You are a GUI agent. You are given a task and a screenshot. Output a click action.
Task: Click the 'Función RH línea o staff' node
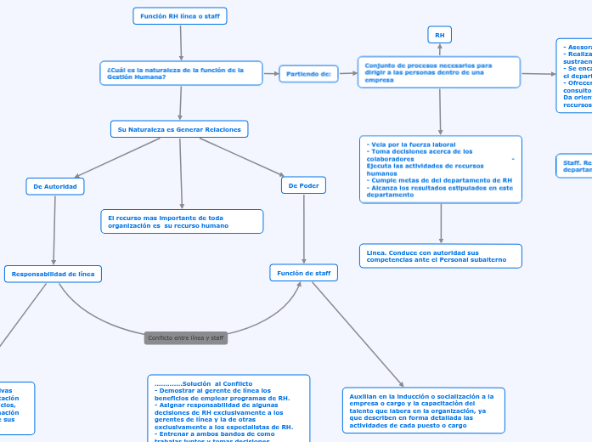click(x=180, y=16)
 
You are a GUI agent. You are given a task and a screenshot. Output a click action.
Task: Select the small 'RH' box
click(x=439, y=35)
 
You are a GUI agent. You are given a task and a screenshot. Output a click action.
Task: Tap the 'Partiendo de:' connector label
click(x=307, y=74)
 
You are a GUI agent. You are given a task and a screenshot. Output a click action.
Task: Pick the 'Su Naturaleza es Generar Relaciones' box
click(x=179, y=129)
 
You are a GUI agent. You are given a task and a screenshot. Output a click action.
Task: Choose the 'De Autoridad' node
click(x=55, y=186)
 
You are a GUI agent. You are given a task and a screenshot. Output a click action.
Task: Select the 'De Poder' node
click(x=303, y=185)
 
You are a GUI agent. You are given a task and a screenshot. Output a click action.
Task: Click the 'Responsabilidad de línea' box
click(x=54, y=274)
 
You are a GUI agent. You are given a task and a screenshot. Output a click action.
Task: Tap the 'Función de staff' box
click(x=303, y=273)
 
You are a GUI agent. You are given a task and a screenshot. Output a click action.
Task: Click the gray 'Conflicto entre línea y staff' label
click(x=185, y=338)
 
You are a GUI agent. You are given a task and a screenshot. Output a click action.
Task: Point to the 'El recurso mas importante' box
click(x=181, y=222)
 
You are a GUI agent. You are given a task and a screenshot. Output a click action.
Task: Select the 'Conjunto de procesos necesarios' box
click(x=439, y=72)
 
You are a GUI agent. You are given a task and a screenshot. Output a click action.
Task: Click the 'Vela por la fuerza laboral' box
click(x=440, y=169)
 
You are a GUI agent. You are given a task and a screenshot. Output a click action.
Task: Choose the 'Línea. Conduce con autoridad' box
click(x=440, y=256)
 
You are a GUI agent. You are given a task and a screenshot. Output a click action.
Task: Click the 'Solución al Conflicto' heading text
click(x=204, y=384)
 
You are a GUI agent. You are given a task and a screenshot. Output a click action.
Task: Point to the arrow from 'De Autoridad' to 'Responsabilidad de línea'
click(x=54, y=230)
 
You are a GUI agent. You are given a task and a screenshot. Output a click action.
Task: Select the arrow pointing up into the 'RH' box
click(x=439, y=49)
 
